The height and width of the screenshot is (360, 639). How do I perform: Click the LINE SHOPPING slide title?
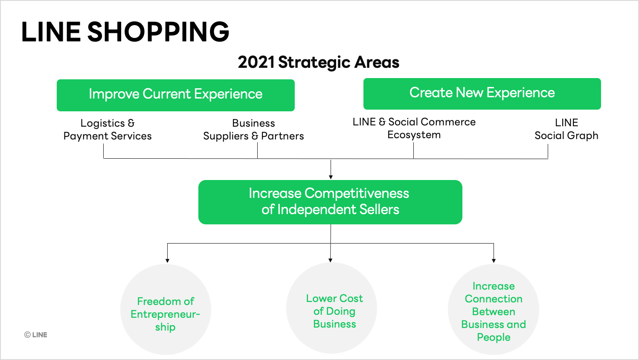click(x=125, y=32)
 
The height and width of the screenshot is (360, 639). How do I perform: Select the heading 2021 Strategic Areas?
click(x=318, y=62)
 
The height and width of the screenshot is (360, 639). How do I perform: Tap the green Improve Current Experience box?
click(x=175, y=95)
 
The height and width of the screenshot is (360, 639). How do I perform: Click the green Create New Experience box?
click(x=482, y=93)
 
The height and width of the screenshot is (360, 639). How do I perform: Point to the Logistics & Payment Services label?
click(x=107, y=130)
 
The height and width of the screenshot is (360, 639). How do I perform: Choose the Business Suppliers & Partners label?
click(x=253, y=130)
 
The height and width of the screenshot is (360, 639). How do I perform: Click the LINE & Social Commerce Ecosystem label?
click(x=414, y=128)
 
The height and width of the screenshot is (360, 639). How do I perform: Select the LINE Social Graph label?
click(x=566, y=129)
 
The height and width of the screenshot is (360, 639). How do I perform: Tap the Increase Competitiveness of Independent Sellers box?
click(x=330, y=202)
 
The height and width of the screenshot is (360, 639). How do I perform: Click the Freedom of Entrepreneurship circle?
click(x=166, y=310)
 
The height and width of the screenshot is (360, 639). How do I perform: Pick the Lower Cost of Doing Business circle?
click(x=331, y=308)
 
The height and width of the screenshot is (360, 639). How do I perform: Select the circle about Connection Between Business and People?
click(x=494, y=310)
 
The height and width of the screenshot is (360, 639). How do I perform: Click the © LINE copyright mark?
click(x=36, y=335)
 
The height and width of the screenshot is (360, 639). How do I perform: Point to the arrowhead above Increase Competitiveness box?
click(x=331, y=177)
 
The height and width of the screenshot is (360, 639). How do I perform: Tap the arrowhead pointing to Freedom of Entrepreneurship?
click(x=167, y=260)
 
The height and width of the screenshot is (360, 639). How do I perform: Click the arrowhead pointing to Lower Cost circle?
click(x=331, y=260)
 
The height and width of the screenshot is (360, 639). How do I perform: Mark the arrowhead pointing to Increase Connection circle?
click(x=494, y=260)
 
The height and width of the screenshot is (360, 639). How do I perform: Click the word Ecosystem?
click(x=414, y=135)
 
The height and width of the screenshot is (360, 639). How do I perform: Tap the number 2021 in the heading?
click(x=256, y=62)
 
